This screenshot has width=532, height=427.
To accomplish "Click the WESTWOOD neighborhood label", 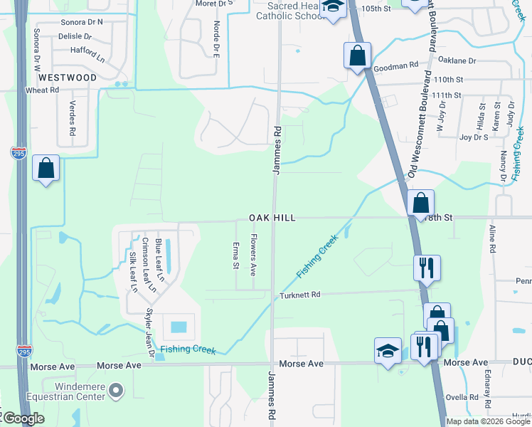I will point(68,77).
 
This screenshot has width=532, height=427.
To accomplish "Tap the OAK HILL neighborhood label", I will point(271,217).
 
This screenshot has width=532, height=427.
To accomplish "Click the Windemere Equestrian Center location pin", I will point(117,390).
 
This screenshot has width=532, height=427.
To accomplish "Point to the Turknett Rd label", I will point(299,295).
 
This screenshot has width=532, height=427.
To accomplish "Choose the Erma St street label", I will point(235,256).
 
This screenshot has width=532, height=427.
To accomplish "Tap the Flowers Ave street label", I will point(252,255).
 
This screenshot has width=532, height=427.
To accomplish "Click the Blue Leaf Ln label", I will point(159,260).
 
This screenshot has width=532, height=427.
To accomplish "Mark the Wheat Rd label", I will point(41,90).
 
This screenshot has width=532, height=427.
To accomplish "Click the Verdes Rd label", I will point(72,117).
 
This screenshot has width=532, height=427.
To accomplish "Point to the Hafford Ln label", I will point(87,51).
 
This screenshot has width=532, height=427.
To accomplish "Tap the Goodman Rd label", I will point(395,65).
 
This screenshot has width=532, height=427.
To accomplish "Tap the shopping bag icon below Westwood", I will point(46,169).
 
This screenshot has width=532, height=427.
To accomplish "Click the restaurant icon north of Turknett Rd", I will point(427,268).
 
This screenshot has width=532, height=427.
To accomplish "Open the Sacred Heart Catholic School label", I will point(284,10).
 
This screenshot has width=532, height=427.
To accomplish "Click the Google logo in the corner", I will point(23,419).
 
